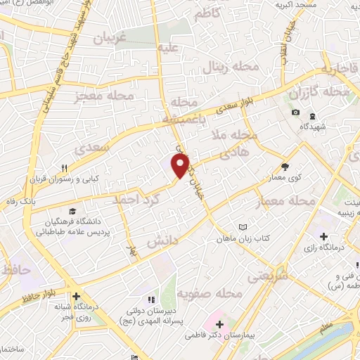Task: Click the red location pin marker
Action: pos(181,165)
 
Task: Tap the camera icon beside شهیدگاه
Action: pos(295,113)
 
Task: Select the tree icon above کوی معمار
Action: pos(285,167)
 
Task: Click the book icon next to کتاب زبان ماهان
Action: pos(243,227)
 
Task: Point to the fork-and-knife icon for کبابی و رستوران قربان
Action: pos(64,168)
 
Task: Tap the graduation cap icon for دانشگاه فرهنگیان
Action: pos(73,211)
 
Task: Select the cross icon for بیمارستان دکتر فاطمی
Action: pos(221,324)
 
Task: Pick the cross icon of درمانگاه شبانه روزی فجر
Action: pos(75,296)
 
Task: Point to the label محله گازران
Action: pos(319,92)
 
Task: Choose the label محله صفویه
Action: pos(210,293)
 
